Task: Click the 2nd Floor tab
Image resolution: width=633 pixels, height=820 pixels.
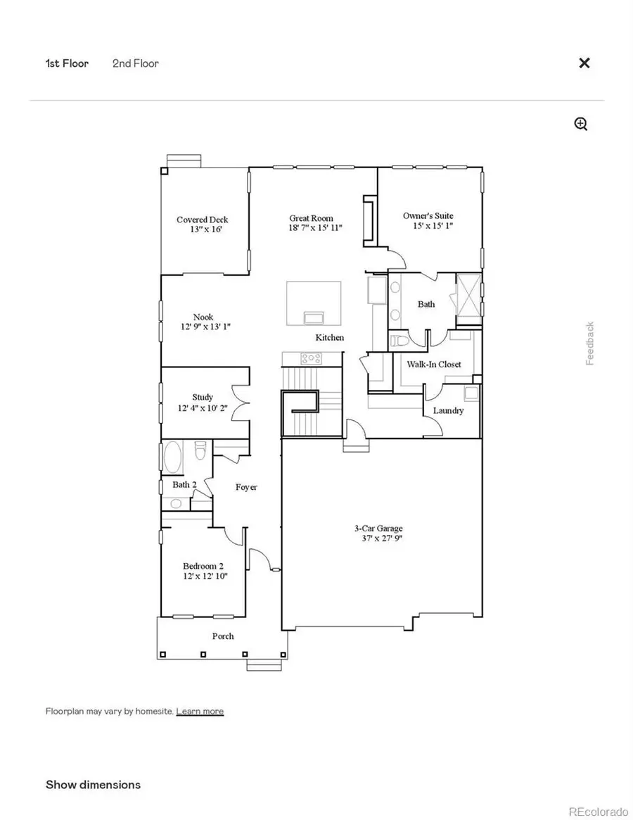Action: tap(136, 63)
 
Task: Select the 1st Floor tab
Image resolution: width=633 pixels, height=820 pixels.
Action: tap(68, 63)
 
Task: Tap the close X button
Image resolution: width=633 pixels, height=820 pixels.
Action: tap(584, 63)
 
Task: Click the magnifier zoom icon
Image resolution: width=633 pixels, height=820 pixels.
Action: tap(581, 125)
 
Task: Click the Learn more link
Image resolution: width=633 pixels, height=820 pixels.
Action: tap(200, 712)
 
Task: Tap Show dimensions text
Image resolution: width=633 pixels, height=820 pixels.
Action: tap(93, 785)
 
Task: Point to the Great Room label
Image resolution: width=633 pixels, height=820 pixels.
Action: tap(311, 218)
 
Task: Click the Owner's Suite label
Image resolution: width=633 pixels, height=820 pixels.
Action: tap(428, 216)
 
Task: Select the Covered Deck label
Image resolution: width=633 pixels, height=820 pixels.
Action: tap(203, 220)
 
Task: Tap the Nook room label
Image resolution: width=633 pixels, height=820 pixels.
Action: tap(203, 317)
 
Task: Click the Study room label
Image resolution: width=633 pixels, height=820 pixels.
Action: tap(203, 398)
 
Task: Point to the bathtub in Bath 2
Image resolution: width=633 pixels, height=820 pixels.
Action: tap(173, 458)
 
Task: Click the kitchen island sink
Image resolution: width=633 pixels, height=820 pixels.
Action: tap(313, 316)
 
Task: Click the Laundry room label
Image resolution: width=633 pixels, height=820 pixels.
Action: tap(448, 410)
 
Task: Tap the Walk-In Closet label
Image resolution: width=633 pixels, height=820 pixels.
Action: tap(434, 364)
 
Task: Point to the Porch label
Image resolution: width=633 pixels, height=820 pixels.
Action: tap(223, 636)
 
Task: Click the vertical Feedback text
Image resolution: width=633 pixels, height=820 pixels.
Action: tap(591, 343)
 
